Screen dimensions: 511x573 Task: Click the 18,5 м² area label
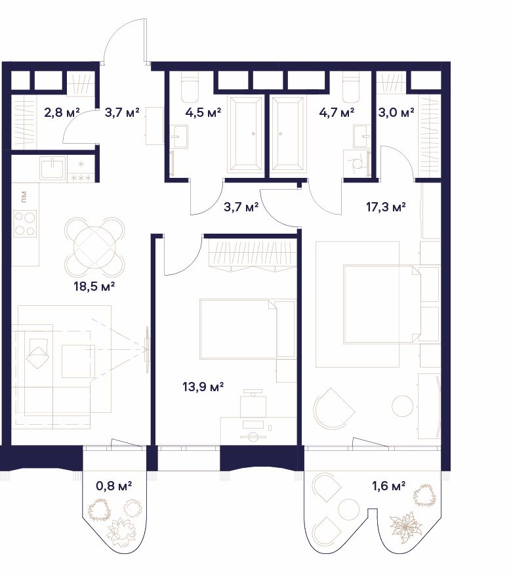[x=94, y=286]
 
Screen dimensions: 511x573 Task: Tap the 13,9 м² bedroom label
[x=203, y=386]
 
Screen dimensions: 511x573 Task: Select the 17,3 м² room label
[x=386, y=207]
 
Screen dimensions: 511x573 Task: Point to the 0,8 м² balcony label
[x=113, y=486]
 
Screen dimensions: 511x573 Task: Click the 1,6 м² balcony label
[x=388, y=486]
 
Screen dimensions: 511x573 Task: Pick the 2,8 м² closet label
[x=62, y=112]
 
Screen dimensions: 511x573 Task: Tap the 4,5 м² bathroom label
[x=203, y=112]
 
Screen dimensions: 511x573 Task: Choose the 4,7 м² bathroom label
[x=337, y=112]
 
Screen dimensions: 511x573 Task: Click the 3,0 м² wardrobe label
[x=396, y=112]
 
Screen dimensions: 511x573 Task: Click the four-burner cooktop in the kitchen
[x=25, y=223]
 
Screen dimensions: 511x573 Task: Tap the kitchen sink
[x=53, y=168]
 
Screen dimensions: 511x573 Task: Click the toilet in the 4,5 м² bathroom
[x=190, y=87]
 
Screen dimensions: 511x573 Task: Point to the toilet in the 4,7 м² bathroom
[x=352, y=87]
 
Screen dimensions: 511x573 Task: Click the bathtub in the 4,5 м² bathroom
[x=245, y=134]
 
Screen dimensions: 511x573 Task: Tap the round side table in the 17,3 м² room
[x=403, y=406]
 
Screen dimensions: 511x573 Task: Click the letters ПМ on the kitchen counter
[x=24, y=197]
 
